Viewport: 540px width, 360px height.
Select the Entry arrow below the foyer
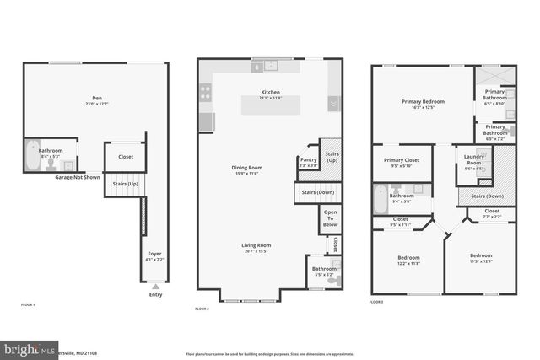[x=155, y=286]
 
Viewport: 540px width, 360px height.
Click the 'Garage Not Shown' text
[x=79, y=178]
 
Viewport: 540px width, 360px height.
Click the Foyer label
[x=155, y=253]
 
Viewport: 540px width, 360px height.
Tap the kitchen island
[x=270, y=105]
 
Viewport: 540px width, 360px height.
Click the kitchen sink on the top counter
[x=270, y=65]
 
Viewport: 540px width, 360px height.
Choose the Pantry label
[x=308, y=159]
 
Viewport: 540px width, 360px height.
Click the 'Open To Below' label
[x=331, y=218]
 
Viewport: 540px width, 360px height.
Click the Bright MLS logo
[x=30, y=348]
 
